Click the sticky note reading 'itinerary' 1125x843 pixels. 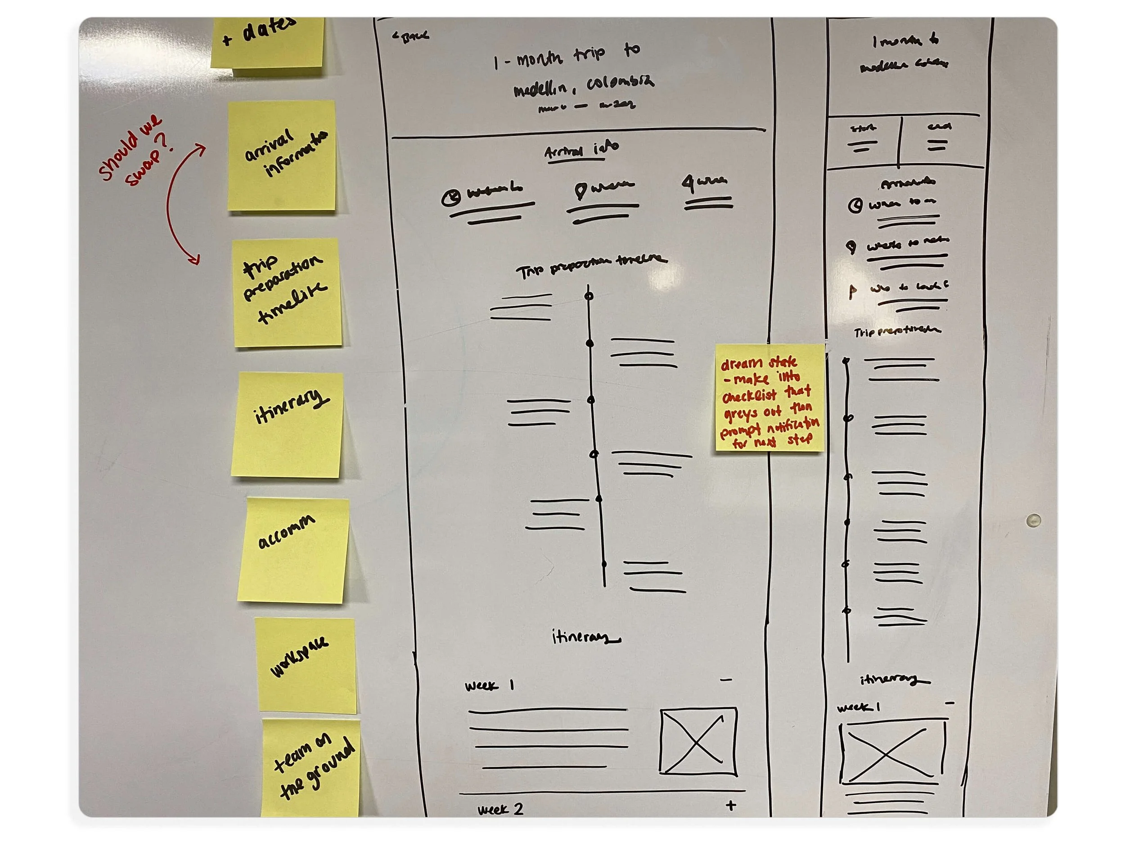(288, 424)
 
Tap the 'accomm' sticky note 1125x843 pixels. (293, 550)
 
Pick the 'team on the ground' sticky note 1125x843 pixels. (311, 767)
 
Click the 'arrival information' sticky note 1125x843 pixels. (282, 155)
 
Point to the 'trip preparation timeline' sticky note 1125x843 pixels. (288, 293)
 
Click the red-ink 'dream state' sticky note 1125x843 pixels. (769, 398)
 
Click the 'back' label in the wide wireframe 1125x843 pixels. (410, 36)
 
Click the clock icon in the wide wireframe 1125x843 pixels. (450, 197)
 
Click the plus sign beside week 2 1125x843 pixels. (730, 805)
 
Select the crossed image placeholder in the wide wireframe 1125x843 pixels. (698, 742)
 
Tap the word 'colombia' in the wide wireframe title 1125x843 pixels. (621, 82)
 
